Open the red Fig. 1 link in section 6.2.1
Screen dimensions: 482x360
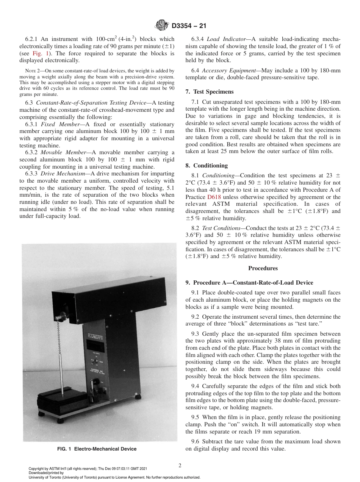coord(42,53)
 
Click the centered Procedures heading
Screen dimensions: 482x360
coord(263,268)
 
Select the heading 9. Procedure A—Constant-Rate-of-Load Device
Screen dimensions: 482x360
coord(249,283)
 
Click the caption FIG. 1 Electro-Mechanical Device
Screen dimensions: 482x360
coord(97,449)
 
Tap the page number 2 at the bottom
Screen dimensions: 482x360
coord(180,466)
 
